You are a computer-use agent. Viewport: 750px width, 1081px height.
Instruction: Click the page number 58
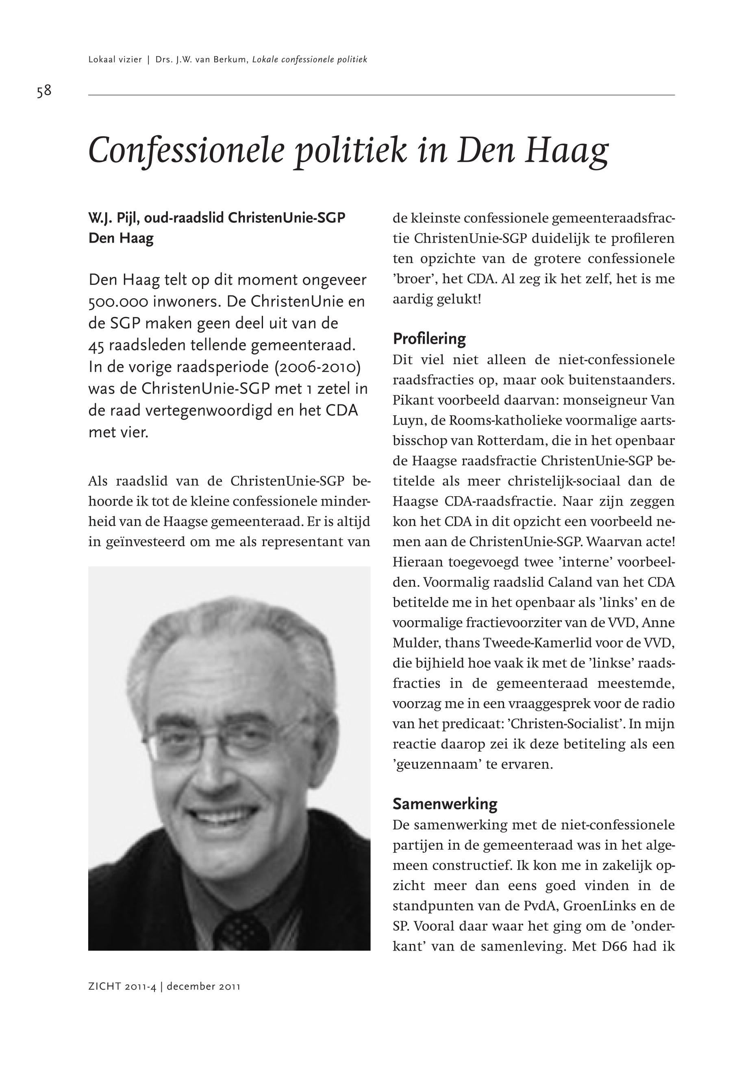pyautogui.click(x=44, y=91)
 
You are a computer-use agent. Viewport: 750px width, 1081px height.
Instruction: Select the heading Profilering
pyautogui.click(x=429, y=338)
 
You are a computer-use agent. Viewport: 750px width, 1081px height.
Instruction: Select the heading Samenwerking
pyautogui.click(x=445, y=804)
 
